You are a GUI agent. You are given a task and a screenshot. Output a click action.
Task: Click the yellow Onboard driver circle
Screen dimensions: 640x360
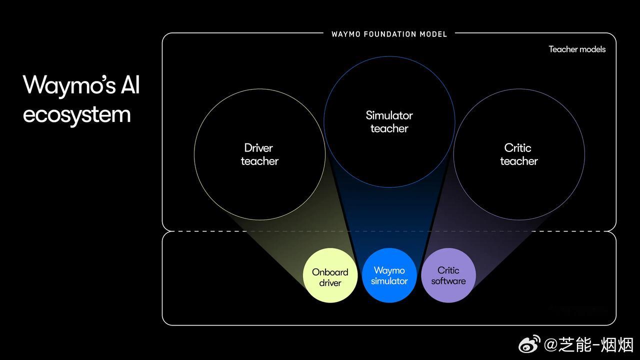tap(330, 275)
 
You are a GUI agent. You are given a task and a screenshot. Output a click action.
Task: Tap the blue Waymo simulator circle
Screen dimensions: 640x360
tap(389, 275)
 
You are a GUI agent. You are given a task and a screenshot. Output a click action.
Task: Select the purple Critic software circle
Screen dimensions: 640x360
tap(448, 275)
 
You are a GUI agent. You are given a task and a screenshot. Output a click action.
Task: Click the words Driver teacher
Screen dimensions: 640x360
tap(259, 154)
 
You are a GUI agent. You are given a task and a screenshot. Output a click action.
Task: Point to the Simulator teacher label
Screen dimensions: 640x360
tap(389, 121)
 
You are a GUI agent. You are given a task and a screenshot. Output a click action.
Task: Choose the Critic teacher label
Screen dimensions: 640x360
tap(518, 154)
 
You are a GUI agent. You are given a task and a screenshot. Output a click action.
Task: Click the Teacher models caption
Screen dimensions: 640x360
tap(577, 49)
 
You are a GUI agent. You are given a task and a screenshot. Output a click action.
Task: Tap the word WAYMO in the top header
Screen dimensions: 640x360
tap(346, 34)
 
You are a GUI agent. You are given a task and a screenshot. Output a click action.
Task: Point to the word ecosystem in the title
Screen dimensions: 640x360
tap(77, 114)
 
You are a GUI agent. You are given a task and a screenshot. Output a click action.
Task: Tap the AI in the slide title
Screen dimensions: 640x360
tap(129, 85)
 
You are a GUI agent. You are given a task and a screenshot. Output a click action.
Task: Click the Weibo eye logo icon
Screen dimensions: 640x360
tap(529, 344)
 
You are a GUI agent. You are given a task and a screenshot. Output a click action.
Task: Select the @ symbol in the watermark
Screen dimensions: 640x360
tap(550, 345)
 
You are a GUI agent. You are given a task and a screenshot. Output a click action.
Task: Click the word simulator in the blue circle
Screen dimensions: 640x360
tap(389, 281)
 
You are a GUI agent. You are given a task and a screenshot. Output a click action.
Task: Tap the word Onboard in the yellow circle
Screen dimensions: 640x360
tap(330, 272)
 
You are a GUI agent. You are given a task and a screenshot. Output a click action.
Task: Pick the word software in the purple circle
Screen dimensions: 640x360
tap(448, 281)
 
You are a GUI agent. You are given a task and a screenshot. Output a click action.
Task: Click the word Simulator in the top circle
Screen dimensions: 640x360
tap(389, 115)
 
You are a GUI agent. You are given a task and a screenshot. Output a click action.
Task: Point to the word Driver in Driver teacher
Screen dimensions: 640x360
tap(258, 148)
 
